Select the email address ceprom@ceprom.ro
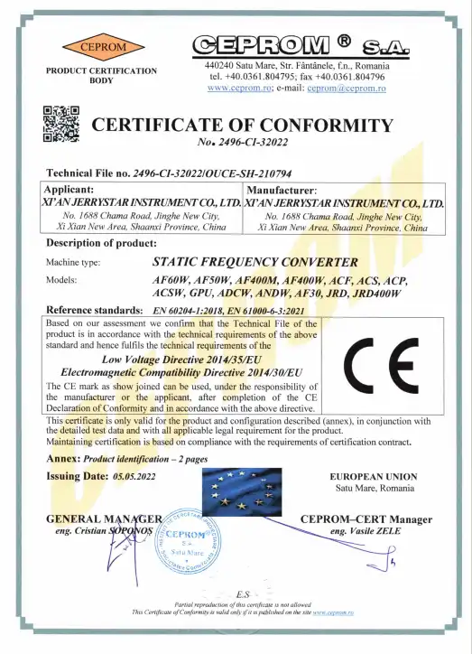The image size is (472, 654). click(x=347, y=89)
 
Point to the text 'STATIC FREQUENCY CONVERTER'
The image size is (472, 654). click(x=243, y=262)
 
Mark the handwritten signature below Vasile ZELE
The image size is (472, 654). click(x=388, y=566)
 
